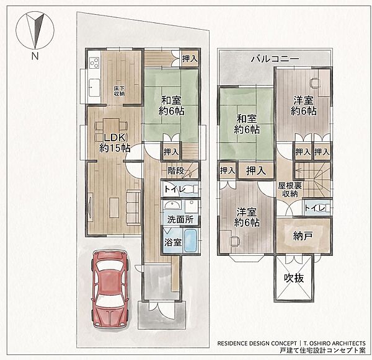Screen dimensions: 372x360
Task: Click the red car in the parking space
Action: [110, 289]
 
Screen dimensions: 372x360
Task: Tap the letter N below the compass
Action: [35, 56]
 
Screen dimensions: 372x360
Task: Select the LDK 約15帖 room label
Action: [115, 143]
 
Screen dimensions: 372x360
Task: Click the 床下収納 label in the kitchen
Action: [119, 91]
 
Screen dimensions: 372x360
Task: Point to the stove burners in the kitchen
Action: [94, 63]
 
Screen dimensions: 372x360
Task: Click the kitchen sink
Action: [94, 88]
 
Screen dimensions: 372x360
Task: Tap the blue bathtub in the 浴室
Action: [190, 240]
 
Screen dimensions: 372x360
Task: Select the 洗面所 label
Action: [180, 219]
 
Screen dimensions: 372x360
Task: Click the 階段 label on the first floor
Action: [176, 170]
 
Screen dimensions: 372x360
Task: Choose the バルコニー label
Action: [275, 59]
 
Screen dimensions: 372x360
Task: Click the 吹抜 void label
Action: [294, 278]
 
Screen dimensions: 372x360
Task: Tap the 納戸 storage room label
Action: [303, 235]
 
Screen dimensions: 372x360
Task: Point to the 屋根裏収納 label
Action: [290, 190]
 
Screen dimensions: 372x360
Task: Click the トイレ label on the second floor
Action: [314, 208]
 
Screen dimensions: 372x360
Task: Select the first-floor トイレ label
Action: [175, 189]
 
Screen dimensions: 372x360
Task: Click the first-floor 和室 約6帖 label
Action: [171, 105]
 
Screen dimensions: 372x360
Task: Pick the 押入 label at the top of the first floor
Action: [190, 58]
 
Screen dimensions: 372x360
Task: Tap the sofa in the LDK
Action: [133, 206]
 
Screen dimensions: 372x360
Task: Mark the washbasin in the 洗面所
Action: [172, 204]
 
